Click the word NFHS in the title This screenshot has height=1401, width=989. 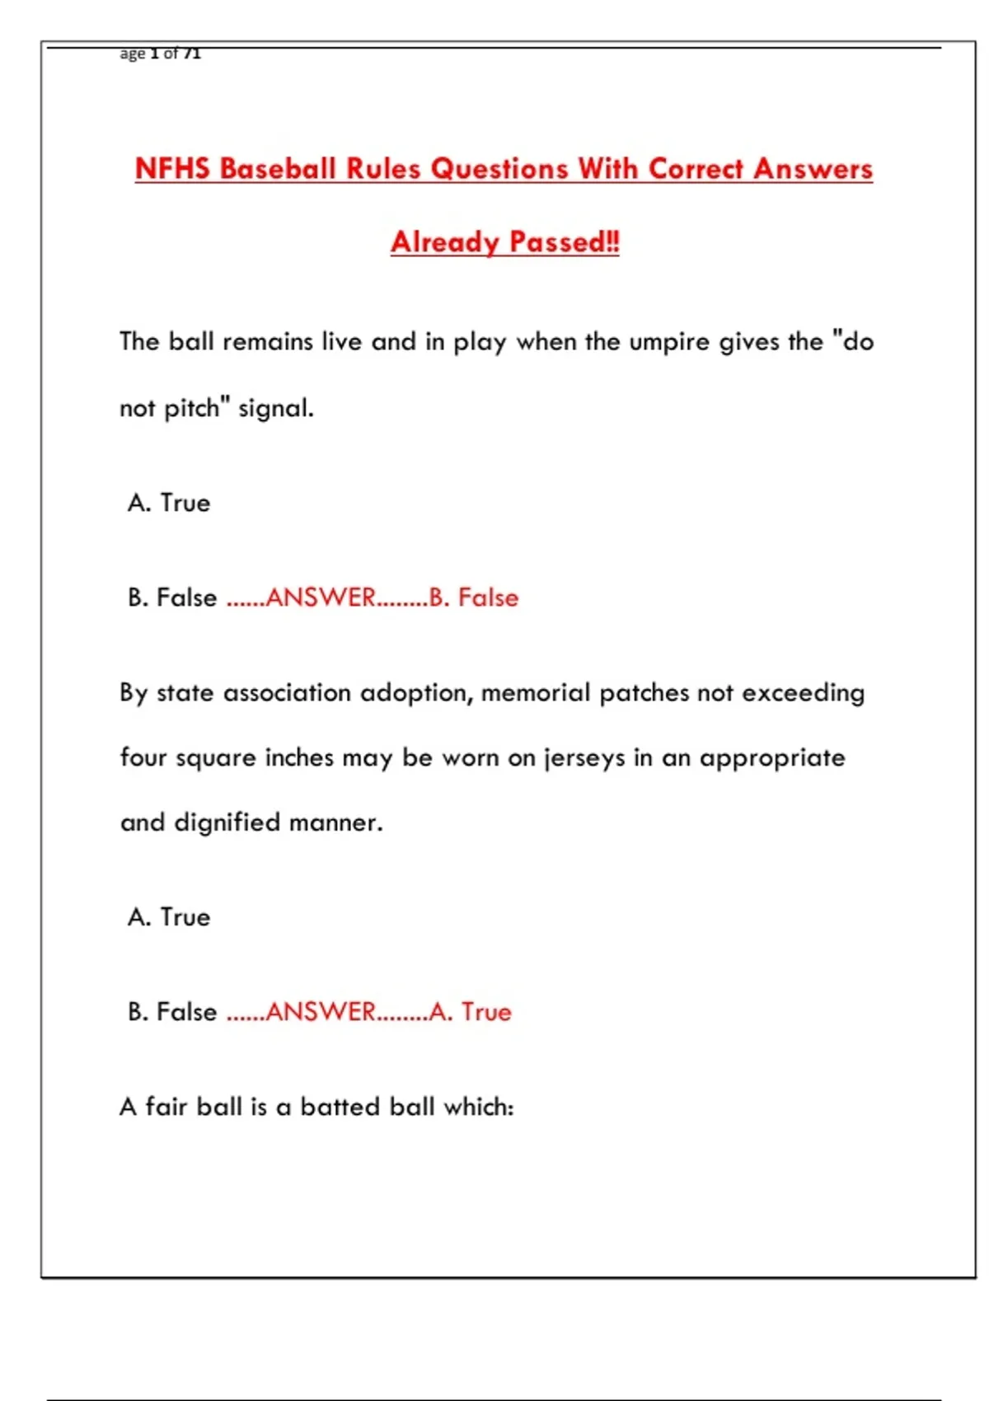click(x=173, y=169)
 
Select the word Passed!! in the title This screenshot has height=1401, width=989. click(x=565, y=242)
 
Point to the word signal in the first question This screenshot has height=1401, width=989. click(x=275, y=408)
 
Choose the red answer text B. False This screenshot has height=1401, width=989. click(x=474, y=597)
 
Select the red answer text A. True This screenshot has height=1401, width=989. click(x=471, y=1012)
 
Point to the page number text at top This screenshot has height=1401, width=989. click(x=161, y=54)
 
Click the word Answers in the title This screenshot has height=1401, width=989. click(x=813, y=169)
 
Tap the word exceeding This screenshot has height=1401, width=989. click(x=804, y=693)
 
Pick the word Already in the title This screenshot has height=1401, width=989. click(x=445, y=242)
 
